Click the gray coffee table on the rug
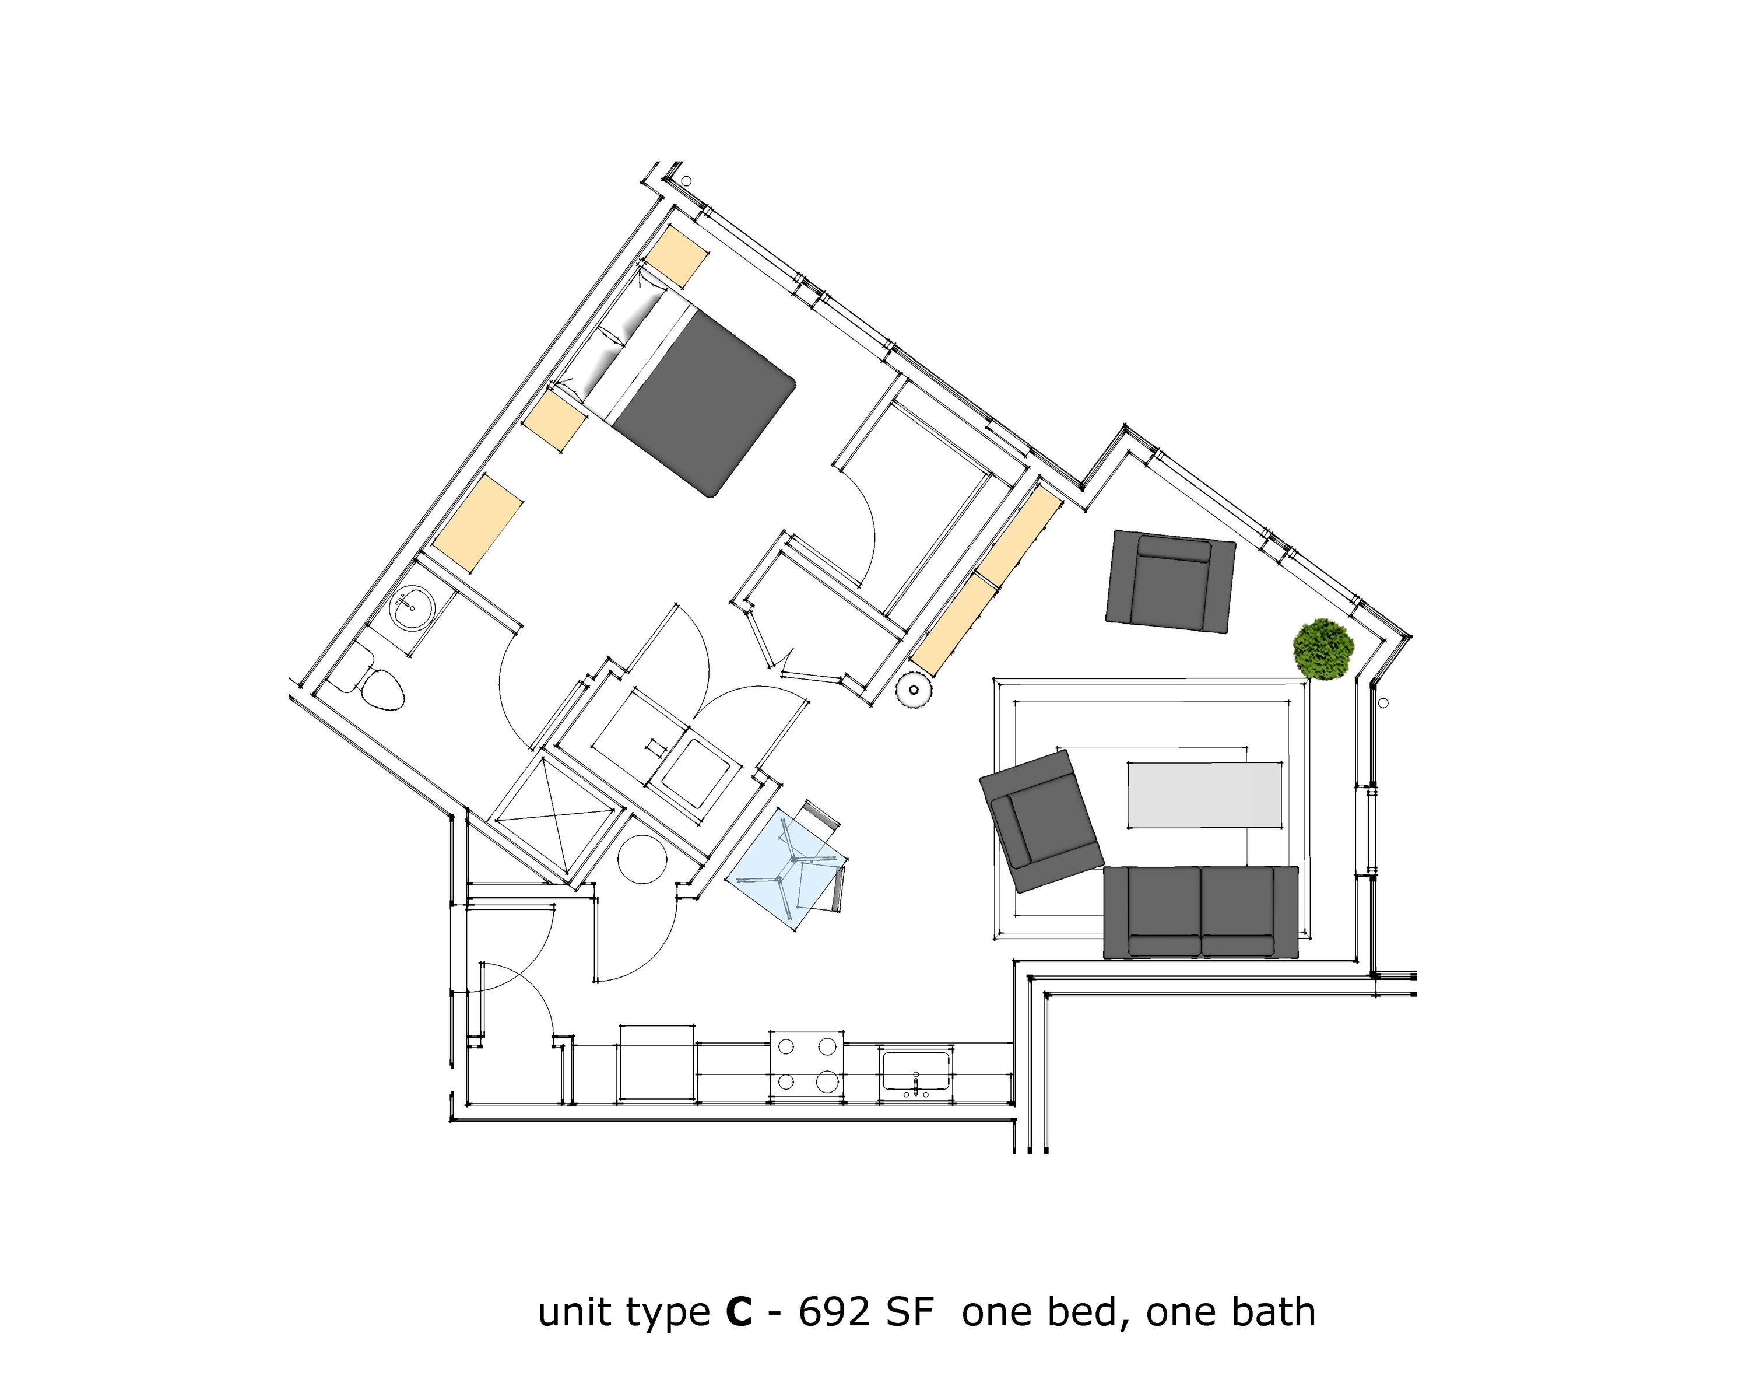[1204, 794]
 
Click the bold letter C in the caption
[738, 1312]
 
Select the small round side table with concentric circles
[914, 691]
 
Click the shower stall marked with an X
[554, 817]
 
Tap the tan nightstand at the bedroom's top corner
[675, 256]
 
